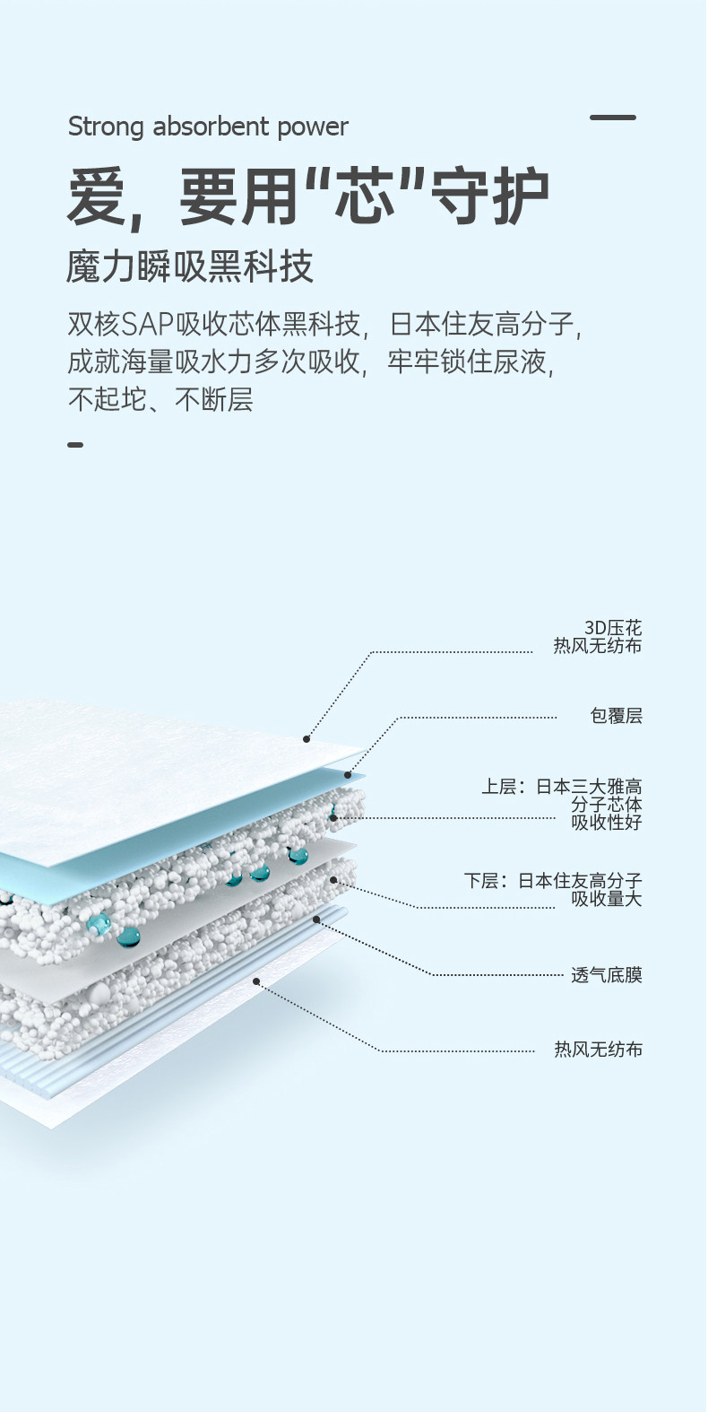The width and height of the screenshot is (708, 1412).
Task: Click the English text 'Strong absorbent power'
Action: [208, 126]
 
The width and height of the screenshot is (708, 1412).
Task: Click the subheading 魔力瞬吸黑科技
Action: [190, 266]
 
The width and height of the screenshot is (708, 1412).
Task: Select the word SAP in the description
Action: [148, 323]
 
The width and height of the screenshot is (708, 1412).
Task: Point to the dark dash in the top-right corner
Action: [613, 118]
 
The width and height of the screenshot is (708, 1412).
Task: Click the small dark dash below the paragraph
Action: [75, 444]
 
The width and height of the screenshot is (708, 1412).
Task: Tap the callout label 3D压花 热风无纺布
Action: [598, 636]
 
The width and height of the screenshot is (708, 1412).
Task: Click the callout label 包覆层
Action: [616, 716]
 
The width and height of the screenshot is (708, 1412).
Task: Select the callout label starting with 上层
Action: [563, 804]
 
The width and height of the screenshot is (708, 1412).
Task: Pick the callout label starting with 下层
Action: [554, 889]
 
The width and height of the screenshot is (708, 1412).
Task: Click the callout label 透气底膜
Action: [607, 975]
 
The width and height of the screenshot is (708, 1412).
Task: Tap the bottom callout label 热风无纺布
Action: [598, 1050]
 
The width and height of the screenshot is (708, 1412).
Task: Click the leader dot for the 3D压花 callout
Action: [307, 739]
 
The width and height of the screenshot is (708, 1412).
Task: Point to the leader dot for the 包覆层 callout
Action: [348, 775]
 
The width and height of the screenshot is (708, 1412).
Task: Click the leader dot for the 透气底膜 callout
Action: [316, 920]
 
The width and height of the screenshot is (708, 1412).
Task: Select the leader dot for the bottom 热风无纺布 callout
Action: [256, 981]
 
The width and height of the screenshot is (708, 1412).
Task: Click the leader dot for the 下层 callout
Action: [333, 880]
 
